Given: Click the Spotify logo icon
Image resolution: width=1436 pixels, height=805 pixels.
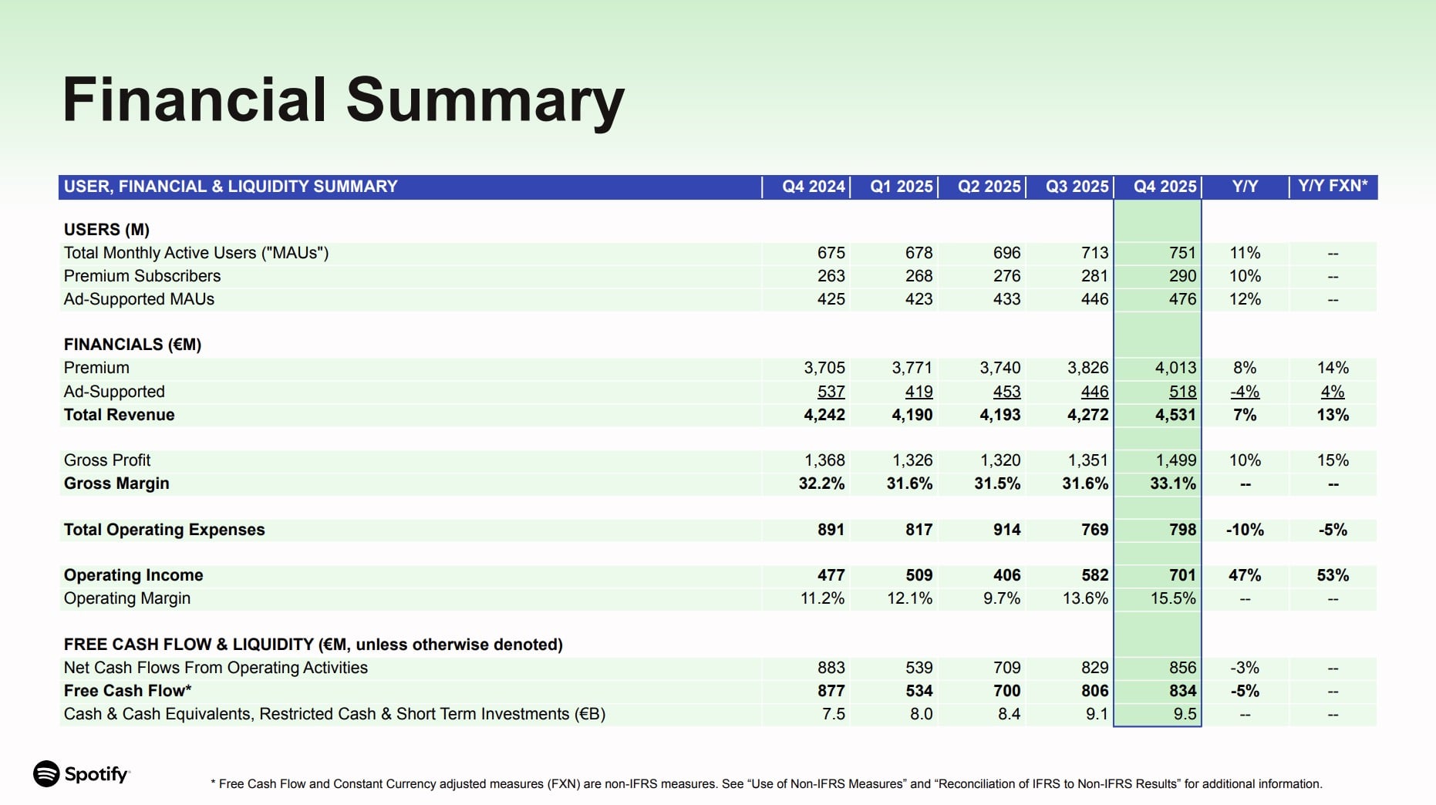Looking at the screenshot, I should pyautogui.click(x=46, y=773).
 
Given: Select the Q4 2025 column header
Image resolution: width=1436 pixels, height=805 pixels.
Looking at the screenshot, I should pyautogui.click(x=1165, y=187).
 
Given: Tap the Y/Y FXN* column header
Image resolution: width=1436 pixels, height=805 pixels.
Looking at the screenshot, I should pyautogui.click(x=1333, y=187).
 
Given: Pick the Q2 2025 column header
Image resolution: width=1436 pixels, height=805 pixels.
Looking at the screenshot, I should pyautogui.click(x=989, y=187).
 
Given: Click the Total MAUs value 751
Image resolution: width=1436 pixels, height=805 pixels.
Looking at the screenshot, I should pyautogui.click(x=1182, y=253).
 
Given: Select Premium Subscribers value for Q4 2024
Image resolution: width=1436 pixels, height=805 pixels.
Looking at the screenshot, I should pyautogui.click(x=831, y=276).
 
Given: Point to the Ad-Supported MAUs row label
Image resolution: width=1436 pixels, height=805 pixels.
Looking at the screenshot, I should pyautogui.click(x=139, y=299).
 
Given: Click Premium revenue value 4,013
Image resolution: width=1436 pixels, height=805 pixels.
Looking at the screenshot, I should pyautogui.click(x=1175, y=368).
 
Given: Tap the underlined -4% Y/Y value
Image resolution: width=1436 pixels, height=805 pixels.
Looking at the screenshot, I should pyautogui.click(x=1245, y=392).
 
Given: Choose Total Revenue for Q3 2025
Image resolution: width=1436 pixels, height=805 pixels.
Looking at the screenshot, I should pyautogui.click(x=1087, y=415).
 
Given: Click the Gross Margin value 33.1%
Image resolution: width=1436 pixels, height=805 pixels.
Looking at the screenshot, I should pyautogui.click(x=1172, y=483).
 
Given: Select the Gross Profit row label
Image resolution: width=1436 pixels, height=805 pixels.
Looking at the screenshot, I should pyautogui.click(x=107, y=460).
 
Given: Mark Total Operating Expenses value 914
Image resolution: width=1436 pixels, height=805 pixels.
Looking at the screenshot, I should pyautogui.click(x=1006, y=530).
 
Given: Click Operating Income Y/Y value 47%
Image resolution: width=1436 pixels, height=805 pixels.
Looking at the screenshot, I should pyautogui.click(x=1245, y=575).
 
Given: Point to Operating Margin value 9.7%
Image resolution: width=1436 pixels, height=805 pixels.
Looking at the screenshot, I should pyautogui.click(x=1001, y=598).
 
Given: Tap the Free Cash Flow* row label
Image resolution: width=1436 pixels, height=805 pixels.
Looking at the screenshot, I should pyautogui.click(x=127, y=691).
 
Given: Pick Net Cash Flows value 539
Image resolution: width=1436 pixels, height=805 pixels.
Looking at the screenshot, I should pyautogui.click(x=919, y=668).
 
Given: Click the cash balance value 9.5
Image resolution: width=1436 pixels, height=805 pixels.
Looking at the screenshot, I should pyautogui.click(x=1185, y=714).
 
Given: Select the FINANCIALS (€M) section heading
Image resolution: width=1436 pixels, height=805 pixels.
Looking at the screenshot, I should pyautogui.click(x=133, y=345).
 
